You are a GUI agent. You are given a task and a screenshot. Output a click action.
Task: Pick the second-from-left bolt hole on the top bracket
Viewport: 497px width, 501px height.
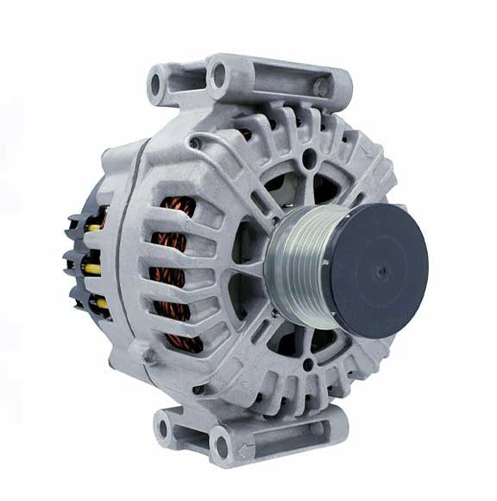(217, 76)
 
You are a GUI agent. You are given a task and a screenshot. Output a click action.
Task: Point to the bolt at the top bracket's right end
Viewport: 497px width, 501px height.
(321, 87)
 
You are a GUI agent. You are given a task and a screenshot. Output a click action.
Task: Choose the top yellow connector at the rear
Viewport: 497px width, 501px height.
(93, 226)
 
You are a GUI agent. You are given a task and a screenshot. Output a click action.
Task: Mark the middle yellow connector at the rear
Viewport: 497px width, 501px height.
(91, 269)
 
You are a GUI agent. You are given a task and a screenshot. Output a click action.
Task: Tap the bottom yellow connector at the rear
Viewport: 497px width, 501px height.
(100, 303)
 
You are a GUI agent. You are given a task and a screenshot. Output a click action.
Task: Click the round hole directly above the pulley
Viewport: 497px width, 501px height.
(309, 157)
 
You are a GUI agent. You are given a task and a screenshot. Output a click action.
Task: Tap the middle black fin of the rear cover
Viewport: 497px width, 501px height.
(72, 258)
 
